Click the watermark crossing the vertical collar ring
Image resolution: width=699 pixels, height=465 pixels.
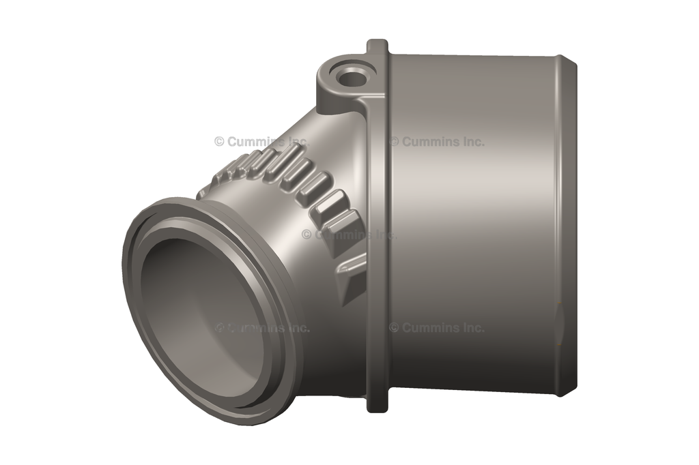tap(348, 235)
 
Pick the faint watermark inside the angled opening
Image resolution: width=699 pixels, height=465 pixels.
tap(262, 327)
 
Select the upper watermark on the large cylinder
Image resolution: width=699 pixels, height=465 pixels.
tap(437, 142)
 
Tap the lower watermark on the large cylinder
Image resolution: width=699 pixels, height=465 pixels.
tap(437, 327)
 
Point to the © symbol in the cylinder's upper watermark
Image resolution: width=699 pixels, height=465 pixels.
tap(394, 142)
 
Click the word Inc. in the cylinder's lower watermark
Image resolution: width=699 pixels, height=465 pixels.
tap(472, 327)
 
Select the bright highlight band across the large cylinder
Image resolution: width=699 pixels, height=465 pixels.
tap(471, 177)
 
